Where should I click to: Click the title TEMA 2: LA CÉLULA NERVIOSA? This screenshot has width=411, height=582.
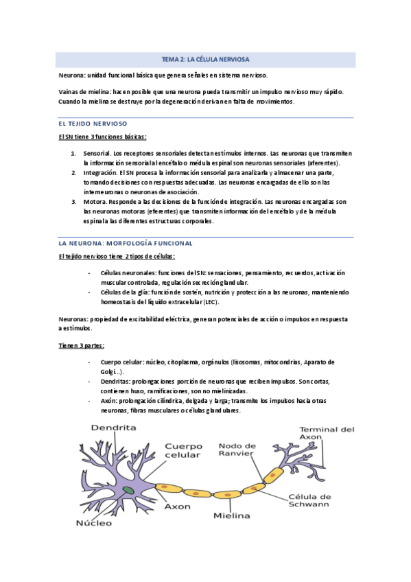point(205,60)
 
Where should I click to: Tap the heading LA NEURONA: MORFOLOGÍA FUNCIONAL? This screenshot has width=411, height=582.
point(125,244)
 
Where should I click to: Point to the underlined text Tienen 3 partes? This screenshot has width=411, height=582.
point(81,345)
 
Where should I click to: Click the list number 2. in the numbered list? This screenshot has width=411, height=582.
point(73,173)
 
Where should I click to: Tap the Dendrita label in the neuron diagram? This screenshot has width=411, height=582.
point(114,428)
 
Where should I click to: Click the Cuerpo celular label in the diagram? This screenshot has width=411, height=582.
point(183,450)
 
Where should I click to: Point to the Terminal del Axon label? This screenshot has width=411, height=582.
point(327,434)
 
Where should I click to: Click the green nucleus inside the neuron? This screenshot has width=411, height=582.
point(129,490)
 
